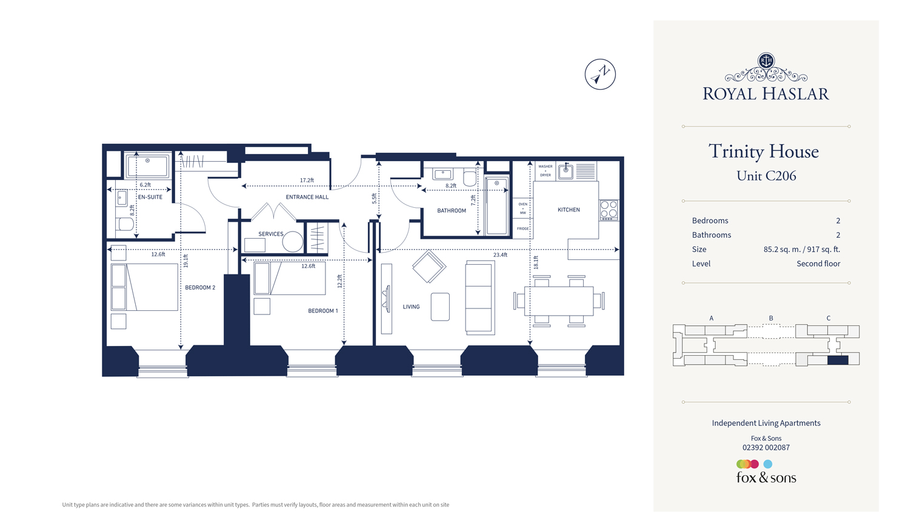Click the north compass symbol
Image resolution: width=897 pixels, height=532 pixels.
(600, 75)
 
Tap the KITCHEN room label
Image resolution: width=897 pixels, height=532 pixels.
(569, 210)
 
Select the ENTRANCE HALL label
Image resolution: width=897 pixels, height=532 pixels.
(307, 197)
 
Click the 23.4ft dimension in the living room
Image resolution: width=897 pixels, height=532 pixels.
(500, 255)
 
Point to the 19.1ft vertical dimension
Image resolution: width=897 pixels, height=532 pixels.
(185, 261)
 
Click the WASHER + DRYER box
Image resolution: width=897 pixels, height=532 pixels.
(545, 170)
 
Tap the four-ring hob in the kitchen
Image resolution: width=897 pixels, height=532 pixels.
(609, 210)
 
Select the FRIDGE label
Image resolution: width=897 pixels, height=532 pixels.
(522, 228)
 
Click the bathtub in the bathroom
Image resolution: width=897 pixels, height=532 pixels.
(496, 207)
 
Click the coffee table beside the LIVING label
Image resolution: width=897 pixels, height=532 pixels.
(440, 307)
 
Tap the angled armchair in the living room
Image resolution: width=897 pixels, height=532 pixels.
(429, 266)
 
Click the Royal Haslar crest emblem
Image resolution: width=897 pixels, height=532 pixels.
(766, 61)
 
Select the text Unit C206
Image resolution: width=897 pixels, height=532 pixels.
(766, 176)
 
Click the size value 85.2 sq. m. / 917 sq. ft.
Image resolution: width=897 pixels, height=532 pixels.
(801, 249)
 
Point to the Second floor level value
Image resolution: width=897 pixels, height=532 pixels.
(818, 264)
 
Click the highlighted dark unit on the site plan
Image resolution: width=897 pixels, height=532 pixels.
(838, 360)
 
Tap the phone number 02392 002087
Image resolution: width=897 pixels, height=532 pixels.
(766, 448)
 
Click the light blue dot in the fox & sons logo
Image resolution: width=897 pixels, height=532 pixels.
(768, 464)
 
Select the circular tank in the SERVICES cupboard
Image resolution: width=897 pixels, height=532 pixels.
(292, 242)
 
